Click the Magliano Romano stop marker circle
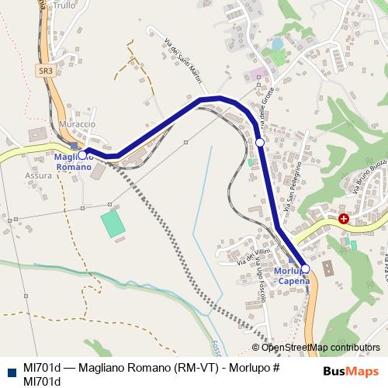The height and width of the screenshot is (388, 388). [82, 155]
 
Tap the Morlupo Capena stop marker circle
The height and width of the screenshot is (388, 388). [305, 268]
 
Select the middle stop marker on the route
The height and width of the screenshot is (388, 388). [260, 142]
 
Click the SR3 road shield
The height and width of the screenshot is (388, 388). [47, 71]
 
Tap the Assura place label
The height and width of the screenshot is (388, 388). [38, 175]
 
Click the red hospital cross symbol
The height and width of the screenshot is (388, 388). [343, 219]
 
